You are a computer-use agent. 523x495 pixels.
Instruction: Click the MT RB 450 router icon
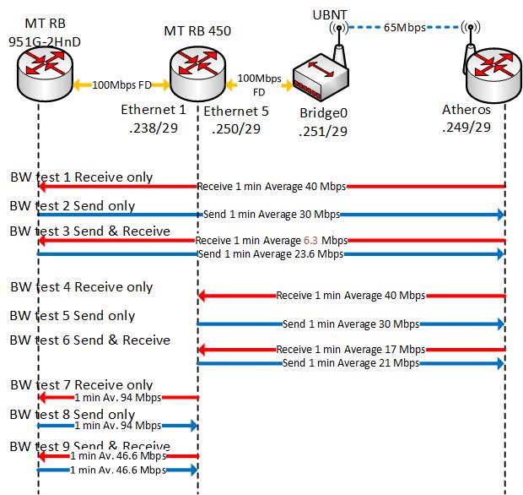tap(197, 70)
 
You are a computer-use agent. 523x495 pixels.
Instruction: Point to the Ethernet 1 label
tap(153, 109)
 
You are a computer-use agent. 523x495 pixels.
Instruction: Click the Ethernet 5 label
tap(236, 109)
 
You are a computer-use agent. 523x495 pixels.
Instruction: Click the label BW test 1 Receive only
tap(82, 177)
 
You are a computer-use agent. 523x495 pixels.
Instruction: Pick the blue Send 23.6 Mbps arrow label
tap(270, 253)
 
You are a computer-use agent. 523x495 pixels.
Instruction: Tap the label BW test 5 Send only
tap(73, 316)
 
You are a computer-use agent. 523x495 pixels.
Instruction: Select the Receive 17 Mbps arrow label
tap(350, 349)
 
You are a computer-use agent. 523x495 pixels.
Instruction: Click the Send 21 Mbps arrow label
tap(350, 363)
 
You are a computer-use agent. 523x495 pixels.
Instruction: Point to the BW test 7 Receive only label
tap(82, 385)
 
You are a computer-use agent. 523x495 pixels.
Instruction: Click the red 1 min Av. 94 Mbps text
tap(117, 397)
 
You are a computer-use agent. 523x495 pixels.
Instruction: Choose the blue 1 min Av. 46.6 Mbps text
tap(117, 470)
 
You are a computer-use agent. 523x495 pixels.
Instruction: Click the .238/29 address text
tap(152, 129)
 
